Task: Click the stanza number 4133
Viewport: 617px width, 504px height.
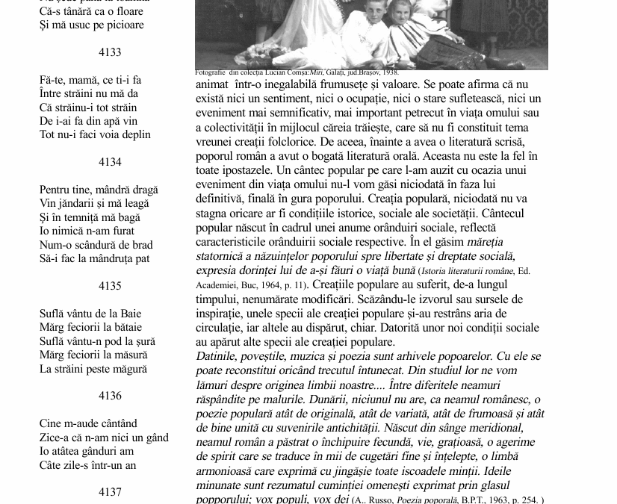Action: pos(110,52)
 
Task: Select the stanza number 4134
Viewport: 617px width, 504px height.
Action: pos(110,162)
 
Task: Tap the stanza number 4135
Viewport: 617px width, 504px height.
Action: pos(110,286)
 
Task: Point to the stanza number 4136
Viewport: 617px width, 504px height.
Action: pos(110,396)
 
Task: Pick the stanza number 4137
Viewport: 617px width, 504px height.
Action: pos(110,492)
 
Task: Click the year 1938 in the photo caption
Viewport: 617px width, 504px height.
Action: pos(391,73)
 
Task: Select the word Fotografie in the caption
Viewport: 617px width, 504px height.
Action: pos(211,73)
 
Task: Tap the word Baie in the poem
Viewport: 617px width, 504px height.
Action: pos(127,314)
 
